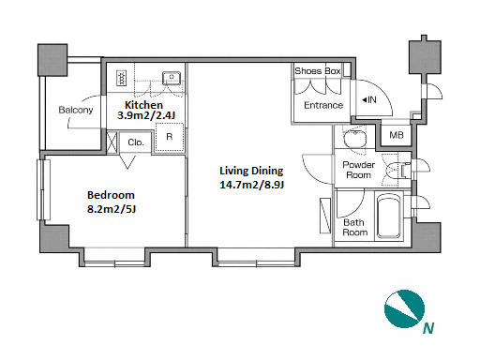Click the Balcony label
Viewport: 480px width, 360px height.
coord(76,110)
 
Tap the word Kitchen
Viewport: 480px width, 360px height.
coord(143,105)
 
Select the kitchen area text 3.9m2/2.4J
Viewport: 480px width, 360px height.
coord(146,115)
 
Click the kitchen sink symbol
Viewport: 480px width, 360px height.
coord(172,78)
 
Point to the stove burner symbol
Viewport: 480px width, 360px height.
coord(121,78)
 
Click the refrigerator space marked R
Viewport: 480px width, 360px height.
coord(169,137)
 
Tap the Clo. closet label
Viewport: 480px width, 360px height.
coord(136,142)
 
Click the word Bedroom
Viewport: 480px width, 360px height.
coord(111,195)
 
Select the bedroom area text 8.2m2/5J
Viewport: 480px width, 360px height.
coord(112,209)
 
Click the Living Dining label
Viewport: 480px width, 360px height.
coord(251,171)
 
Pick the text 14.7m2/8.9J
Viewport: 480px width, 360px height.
coord(251,185)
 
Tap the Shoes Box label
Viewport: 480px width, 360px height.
coord(318,71)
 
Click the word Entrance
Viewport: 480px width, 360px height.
coord(323,105)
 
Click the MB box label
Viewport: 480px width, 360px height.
coord(397,135)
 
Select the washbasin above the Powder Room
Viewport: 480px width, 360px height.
coord(354,139)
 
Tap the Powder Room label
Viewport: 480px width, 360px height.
coord(359,170)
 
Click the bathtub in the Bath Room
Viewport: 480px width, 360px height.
coord(389,217)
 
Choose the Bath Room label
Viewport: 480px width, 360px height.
coord(354,227)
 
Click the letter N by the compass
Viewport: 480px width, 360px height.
coord(428,328)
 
